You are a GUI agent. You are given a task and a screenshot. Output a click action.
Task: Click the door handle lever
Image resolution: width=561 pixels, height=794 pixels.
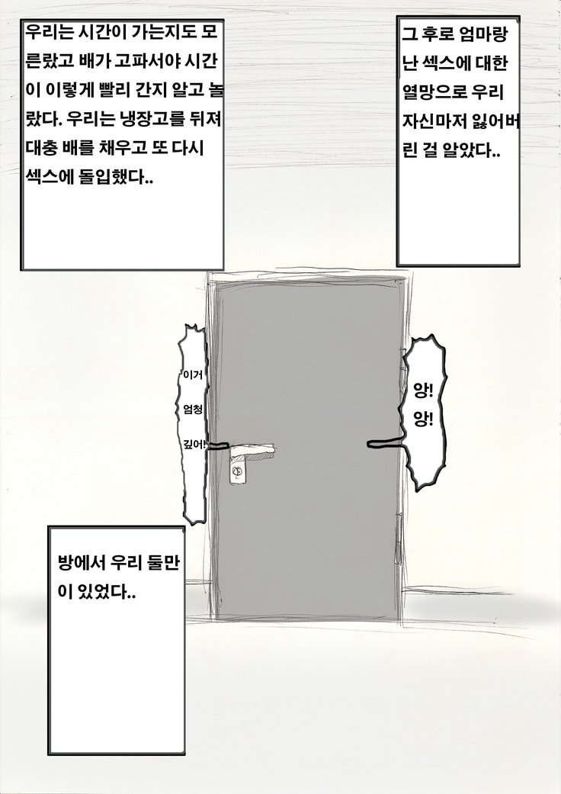click(252, 448)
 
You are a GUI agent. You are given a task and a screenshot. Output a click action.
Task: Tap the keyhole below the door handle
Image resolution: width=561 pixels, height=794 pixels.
click(237, 472)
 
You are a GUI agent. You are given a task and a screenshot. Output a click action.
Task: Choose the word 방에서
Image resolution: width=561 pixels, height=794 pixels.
click(81, 564)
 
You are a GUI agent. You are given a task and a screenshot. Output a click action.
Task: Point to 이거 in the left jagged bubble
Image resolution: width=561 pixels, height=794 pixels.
click(194, 375)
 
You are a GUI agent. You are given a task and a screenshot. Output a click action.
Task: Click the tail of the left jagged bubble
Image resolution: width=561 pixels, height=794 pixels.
click(217, 446)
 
